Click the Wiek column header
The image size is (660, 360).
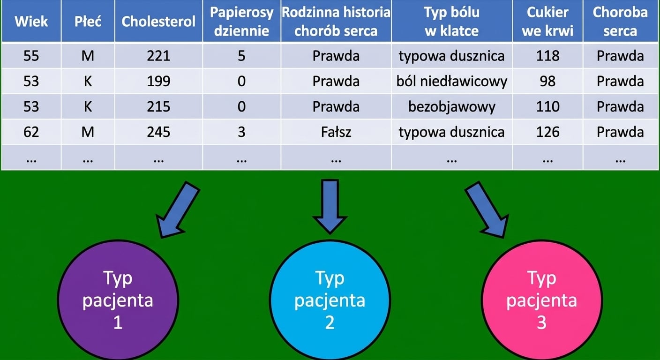(31, 21)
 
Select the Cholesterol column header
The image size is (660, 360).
(158, 21)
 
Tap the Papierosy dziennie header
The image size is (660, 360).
(241, 21)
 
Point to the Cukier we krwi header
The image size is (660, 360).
(548, 21)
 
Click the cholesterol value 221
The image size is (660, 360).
(158, 56)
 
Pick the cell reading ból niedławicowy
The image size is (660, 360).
(452, 81)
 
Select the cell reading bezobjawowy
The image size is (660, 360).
(452, 107)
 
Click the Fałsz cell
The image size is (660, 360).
(336, 132)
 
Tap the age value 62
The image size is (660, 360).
(31, 132)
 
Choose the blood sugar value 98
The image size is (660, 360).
(548, 81)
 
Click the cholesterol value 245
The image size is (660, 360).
(158, 132)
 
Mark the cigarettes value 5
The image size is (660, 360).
(241, 56)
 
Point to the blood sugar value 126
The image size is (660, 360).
(548, 132)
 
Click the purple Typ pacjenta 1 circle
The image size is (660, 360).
(118, 300)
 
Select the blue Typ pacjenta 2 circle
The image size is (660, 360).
(330, 300)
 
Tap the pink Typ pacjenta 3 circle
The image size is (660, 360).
(541, 300)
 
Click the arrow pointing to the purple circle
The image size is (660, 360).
(178, 210)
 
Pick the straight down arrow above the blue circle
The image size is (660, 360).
(330, 207)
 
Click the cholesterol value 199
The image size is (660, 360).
(158, 81)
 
